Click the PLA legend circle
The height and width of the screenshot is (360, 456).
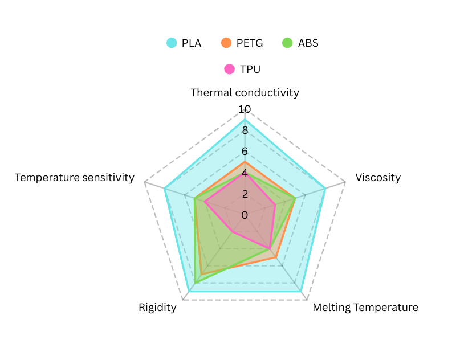[172, 43]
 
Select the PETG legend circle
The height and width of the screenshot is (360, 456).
[226, 43]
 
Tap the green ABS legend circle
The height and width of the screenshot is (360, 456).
[287, 43]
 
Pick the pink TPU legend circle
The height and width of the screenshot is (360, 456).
[230, 69]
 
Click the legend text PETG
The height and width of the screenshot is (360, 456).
[250, 43]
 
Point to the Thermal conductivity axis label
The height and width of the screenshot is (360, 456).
[245, 92]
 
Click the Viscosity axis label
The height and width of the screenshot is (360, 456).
[378, 177]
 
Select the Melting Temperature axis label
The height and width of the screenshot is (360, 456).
[365, 308]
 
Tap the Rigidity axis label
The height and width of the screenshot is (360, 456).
[157, 308]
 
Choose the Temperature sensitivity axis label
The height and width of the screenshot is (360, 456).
[75, 177]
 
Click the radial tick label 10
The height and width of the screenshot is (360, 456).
[245, 109]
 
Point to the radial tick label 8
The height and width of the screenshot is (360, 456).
[245, 130]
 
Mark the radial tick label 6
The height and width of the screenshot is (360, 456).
[245, 152]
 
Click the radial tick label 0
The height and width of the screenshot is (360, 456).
[245, 215]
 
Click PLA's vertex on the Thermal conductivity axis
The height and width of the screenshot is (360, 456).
[245, 120]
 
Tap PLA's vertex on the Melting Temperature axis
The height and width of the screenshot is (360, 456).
[300, 291]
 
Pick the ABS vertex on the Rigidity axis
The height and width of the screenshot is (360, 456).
[196, 283]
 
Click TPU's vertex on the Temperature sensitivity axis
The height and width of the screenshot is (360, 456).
[205, 202]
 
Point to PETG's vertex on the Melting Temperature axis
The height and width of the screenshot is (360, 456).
[276, 258]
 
